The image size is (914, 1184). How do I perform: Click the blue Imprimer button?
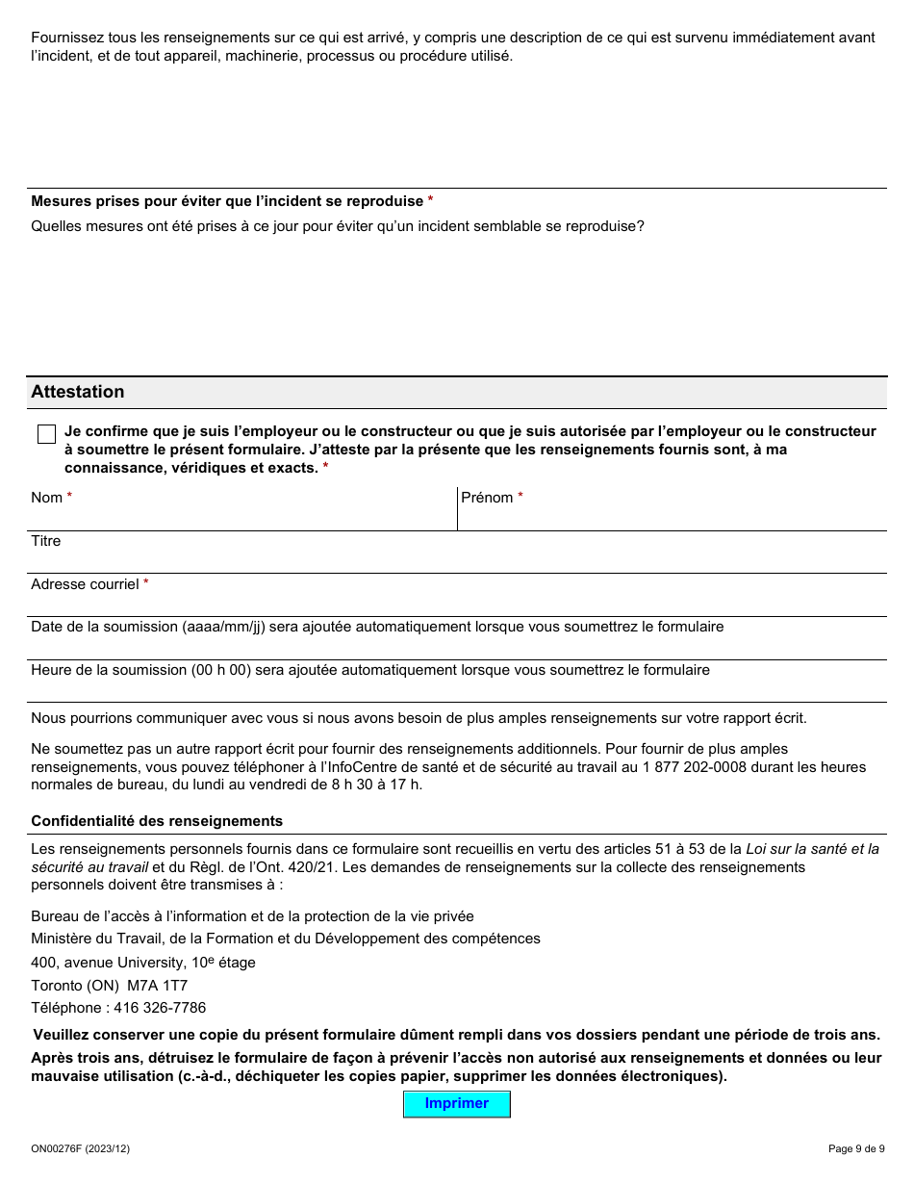pyautogui.click(x=456, y=1104)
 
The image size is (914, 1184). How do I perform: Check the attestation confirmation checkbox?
pyautogui.click(x=46, y=434)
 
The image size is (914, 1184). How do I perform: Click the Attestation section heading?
pyautogui.click(x=78, y=392)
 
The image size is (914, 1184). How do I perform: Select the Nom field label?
pyautogui.click(x=46, y=498)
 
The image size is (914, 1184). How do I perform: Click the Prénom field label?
pyautogui.click(x=487, y=498)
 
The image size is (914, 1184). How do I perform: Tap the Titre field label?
pyautogui.click(x=45, y=541)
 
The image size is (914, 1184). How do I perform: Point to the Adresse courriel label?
pyautogui.click(x=85, y=584)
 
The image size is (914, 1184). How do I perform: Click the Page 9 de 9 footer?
pyautogui.click(x=855, y=1148)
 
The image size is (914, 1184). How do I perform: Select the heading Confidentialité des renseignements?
pyautogui.click(x=157, y=821)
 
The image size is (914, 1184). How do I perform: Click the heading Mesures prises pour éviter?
pyautogui.click(x=227, y=201)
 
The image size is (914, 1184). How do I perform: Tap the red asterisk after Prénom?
pyautogui.click(x=520, y=498)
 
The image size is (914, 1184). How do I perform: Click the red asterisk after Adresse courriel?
pyautogui.click(x=146, y=584)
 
